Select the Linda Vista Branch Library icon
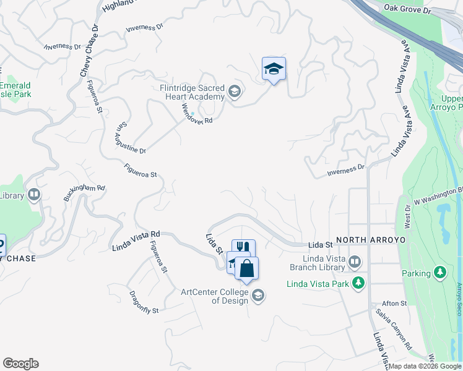(354, 263)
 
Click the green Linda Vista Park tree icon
(358, 283)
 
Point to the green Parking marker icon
(440, 273)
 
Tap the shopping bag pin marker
(246, 269)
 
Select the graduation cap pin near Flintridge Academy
(274, 69)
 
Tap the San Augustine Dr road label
(130, 137)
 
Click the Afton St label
(394, 304)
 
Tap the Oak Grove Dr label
(407, 10)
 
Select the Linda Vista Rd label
(136, 241)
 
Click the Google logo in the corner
(20, 364)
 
